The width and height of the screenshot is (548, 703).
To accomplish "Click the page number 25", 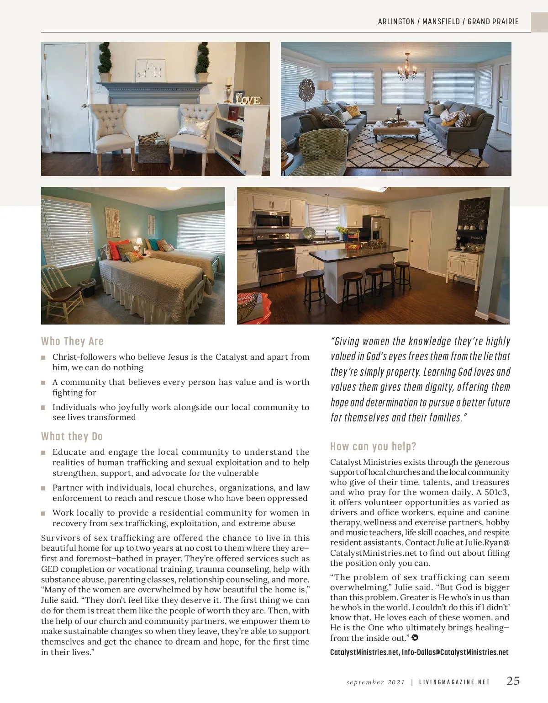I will pyautogui.click(x=513, y=681).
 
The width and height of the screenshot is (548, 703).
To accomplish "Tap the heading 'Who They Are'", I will pyautogui.click(x=72, y=341).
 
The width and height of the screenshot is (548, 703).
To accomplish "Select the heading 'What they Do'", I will pyautogui.click(x=72, y=437).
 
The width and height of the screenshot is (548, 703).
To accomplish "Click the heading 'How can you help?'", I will pyautogui.click(x=373, y=447).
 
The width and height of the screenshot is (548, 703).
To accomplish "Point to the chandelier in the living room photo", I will pyautogui.click(x=406, y=69).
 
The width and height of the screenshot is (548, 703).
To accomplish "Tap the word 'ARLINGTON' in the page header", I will pyautogui.click(x=396, y=21).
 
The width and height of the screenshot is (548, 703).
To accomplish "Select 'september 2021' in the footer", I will pyautogui.click(x=375, y=682).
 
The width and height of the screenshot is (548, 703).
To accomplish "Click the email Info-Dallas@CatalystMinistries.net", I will pyautogui.click(x=455, y=652).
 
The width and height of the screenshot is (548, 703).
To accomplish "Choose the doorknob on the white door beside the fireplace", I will pyautogui.click(x=84, y=107).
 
